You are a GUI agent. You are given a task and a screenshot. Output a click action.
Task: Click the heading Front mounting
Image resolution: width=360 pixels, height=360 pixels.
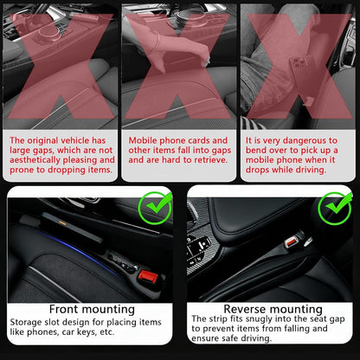92,309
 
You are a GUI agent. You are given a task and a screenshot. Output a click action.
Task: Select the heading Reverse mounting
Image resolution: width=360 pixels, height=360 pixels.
272,309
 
